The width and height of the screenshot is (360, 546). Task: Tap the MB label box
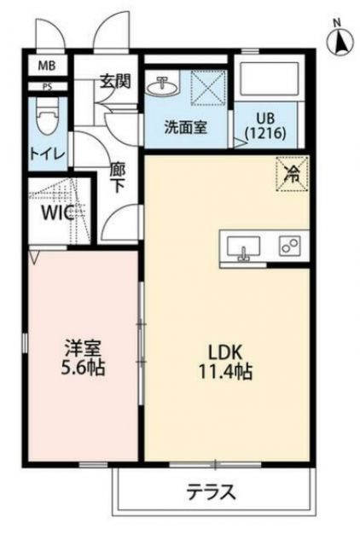[x=44, y=66]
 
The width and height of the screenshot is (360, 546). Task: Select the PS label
[x=45, y=86]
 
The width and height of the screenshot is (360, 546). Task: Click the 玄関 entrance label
[x=113, y=82]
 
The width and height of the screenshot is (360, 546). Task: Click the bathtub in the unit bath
[x=268, y=80]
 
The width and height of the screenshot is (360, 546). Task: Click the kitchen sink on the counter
[x=246, y=247]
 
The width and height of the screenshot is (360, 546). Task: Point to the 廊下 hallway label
[x=119, y=177]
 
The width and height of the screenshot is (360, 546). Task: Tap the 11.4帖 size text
[x=225, y=371]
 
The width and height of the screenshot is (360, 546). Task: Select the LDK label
[x=226, y=351]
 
